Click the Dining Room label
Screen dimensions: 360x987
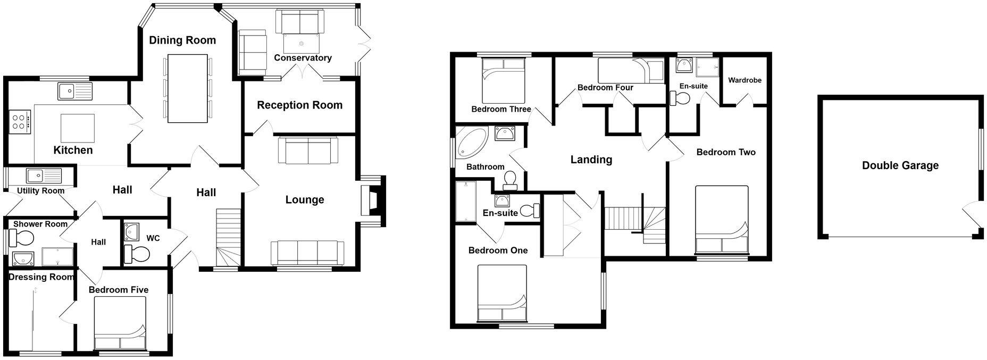tap(182, 40)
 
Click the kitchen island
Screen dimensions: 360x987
tap(78, 128)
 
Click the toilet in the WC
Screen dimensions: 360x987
tap(137, 254)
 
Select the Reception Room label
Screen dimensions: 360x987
tap(299, 105)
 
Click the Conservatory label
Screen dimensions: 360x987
tap(303, 58)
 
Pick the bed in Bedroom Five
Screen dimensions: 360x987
tap(120, 322)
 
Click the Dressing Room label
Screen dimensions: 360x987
tap(40, 277)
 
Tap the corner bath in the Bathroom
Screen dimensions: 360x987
tap(471, 143)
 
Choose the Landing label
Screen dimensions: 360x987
tap(591, 160)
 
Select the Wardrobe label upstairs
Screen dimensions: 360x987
tap(745, 80)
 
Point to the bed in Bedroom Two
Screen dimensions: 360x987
tap(722, 220)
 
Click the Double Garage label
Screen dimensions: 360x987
tap(900, 165)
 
